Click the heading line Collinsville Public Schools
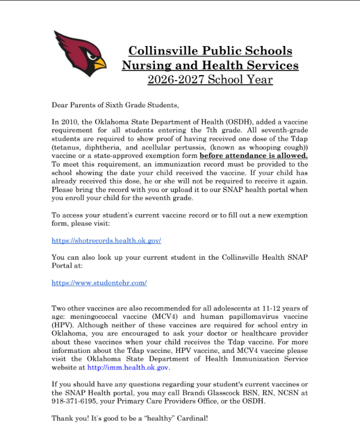(x=210, y=50)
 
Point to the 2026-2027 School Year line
(x=210, y=80)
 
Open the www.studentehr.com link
(x=99, y=282)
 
